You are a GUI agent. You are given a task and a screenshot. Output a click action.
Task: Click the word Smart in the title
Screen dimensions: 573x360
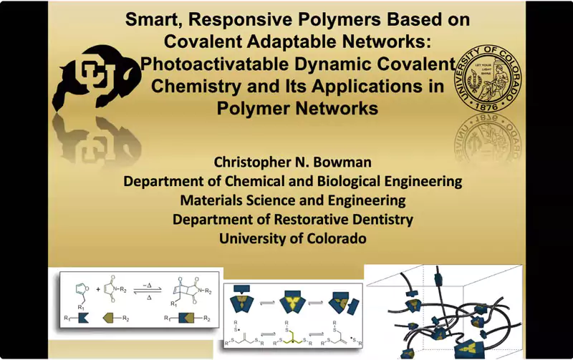tap(153, 20)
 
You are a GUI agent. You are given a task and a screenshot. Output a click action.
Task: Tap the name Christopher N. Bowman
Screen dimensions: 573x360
tap(292, 162)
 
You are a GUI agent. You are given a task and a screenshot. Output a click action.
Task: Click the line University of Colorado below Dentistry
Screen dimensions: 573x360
tap(293, 238)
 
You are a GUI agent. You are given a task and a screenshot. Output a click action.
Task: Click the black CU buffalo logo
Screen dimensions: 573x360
tap(97, 78)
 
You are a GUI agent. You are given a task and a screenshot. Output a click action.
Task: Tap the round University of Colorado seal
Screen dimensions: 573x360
tap(488, 78)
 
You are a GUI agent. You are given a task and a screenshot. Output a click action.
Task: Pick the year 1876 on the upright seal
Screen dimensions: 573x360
tap(488, 106)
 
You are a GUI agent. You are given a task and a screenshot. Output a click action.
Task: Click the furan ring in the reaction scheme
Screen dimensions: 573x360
tap(81, 290)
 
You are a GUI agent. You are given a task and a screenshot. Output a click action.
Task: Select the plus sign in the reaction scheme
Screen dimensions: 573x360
tap(98, 290)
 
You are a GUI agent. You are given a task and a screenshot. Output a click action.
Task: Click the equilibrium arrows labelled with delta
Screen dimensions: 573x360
tap(148, 291)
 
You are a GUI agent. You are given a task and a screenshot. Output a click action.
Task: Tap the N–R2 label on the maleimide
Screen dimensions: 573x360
tap(120, 290)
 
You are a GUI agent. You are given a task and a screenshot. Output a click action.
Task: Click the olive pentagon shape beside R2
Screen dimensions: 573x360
tap(110, 318)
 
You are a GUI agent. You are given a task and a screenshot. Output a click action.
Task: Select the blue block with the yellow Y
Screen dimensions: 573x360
tap(293, 302)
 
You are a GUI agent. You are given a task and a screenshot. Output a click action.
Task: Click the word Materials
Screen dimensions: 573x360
tap(211, 200)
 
